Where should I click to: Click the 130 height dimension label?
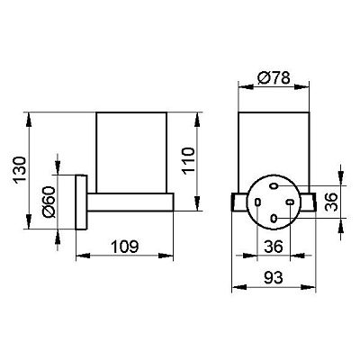coord(21,169)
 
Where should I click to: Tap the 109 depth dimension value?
coord(125,247)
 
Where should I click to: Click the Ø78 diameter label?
coord(274,77)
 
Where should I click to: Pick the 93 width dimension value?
coord(274,278)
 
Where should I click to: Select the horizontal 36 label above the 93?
coord(274,247)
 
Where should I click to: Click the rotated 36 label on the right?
coord(331,202)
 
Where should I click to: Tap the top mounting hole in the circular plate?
coord(274,186)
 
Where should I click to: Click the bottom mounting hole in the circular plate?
coord(274,218)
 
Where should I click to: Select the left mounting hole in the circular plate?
coord(257,202)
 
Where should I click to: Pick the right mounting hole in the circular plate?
coord(290,202)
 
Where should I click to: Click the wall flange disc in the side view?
coord(81,202)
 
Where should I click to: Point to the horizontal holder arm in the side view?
coord(130,202)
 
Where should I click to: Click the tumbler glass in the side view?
coord(131,152)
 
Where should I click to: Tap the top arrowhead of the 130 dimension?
coord(29,119)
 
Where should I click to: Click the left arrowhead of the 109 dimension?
coord(83,256)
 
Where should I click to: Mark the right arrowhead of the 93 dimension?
coord(309,287)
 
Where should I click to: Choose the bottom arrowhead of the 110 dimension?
coord(197,204)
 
